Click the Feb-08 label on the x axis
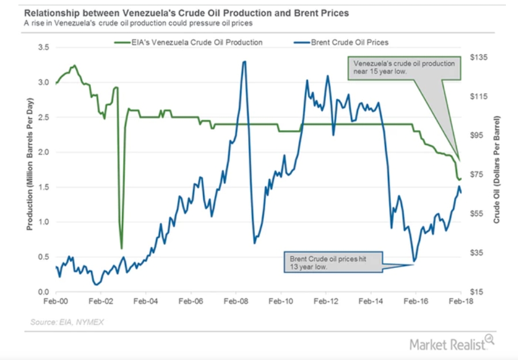click(236, 301)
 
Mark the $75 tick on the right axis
click(478, 175)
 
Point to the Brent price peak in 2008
click(244, 62)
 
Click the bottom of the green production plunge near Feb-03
click(121, 248)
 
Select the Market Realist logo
click(451, 344)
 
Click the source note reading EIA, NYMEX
click(68, 321)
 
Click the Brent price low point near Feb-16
click(413, 262)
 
